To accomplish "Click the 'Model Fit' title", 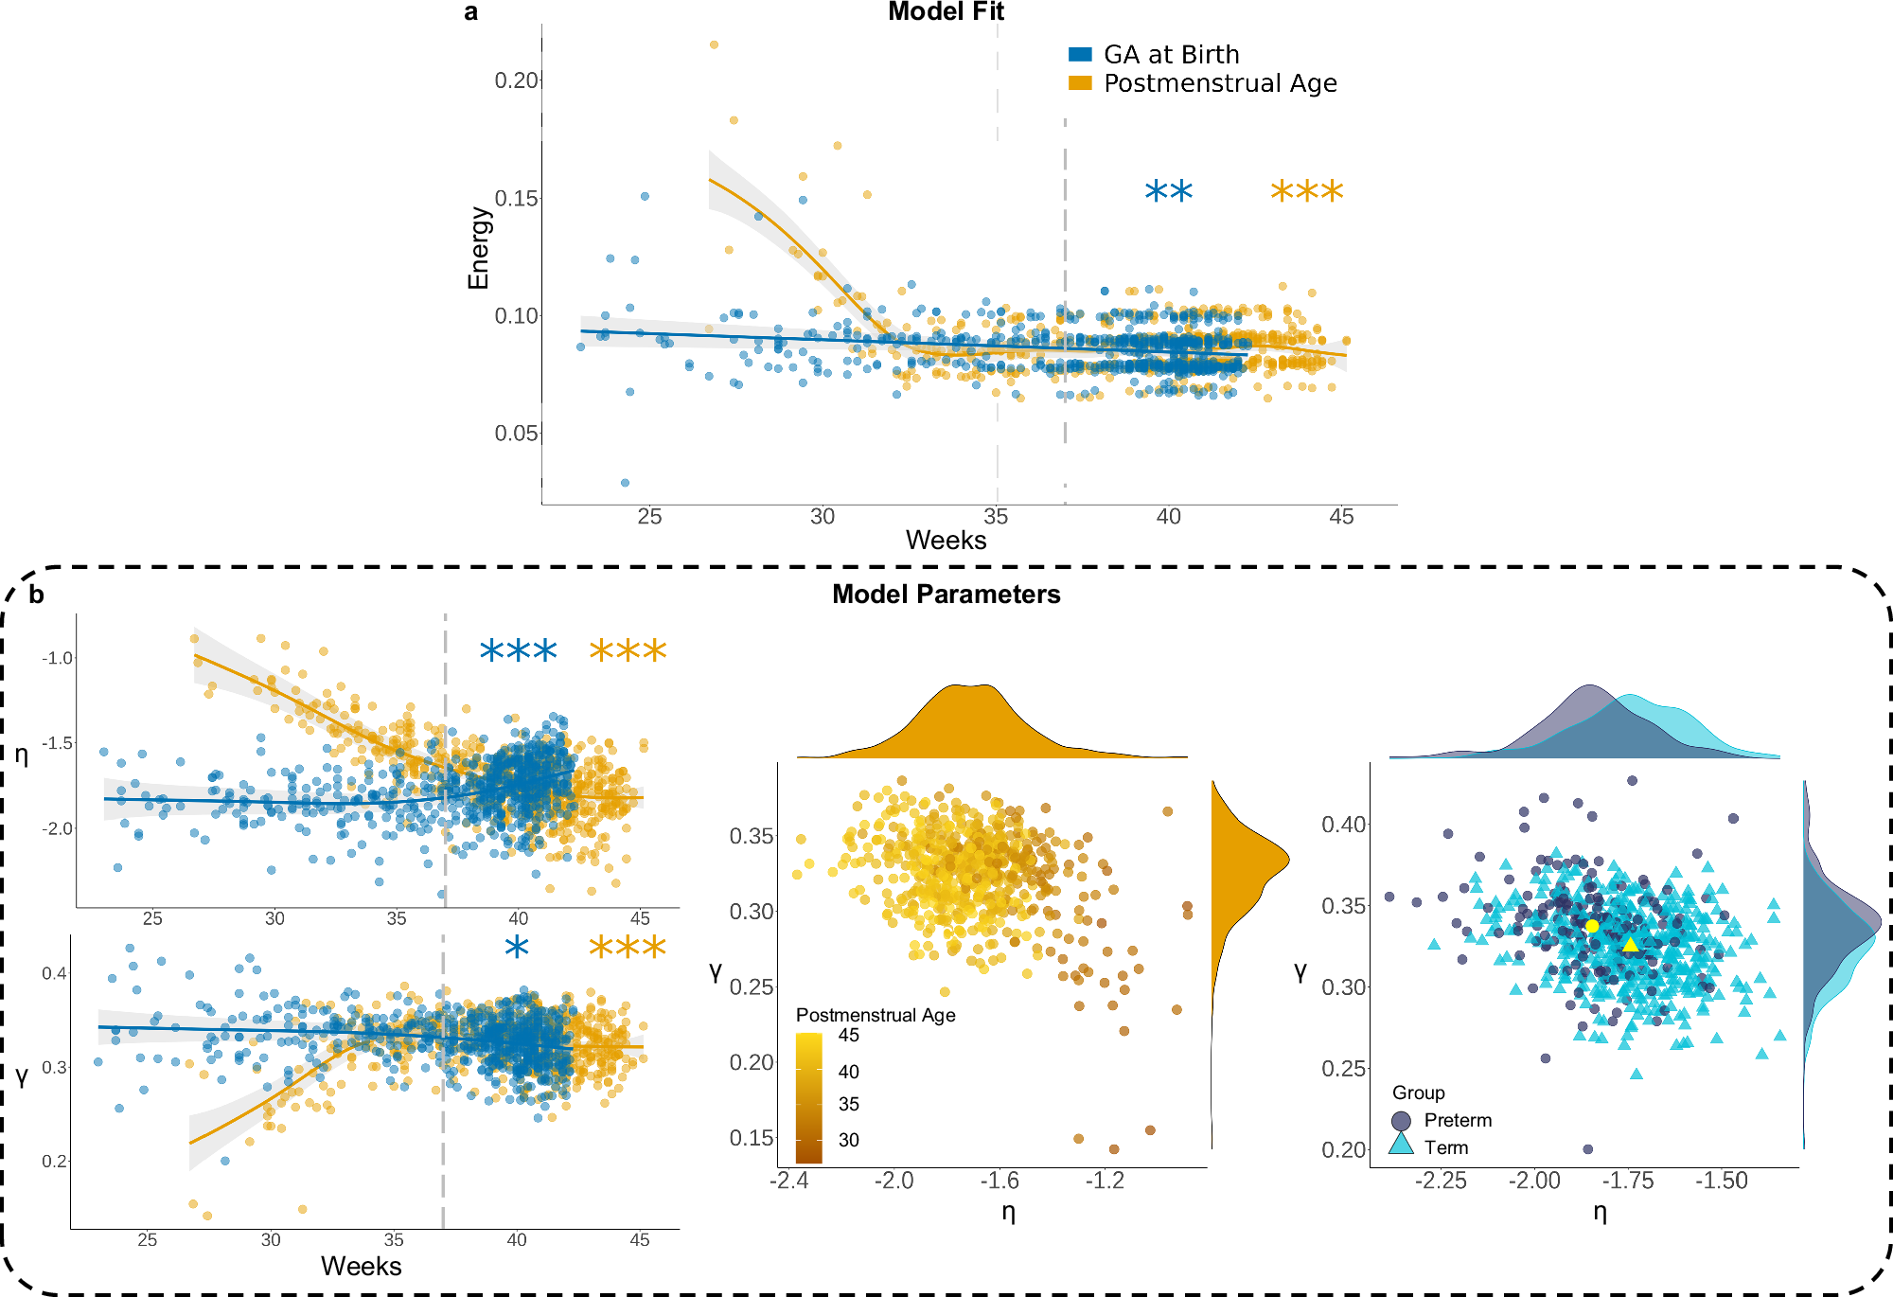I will coord(946,11).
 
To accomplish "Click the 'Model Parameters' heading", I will coord(946,595).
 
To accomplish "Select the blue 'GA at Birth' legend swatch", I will coord(1080,55).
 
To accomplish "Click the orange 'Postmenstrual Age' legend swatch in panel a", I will coord(1080,83).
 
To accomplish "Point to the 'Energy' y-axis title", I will coord(479,248).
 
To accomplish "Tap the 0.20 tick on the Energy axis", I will coord(516,80).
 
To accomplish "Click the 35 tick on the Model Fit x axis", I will coord(996,517).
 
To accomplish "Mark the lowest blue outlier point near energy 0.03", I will coord(625,483).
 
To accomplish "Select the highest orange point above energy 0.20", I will coord(714,44).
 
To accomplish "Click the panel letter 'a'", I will coord(470,12).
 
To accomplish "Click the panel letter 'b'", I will coord(36,595).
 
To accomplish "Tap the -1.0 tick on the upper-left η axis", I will coord(57,658).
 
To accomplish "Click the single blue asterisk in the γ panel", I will coord(517,947).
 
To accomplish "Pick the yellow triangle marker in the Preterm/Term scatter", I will coord(1630,945).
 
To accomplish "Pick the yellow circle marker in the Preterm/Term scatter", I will coord(1592,926).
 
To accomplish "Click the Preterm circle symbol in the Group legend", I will coord(1401,1121).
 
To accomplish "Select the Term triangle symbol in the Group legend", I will coord(1401,1146).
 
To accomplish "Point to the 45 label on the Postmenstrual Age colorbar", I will coord(849,1035).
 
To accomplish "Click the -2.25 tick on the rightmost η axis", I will coord(1440,1182).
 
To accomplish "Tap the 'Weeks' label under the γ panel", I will coord(361,1267).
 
